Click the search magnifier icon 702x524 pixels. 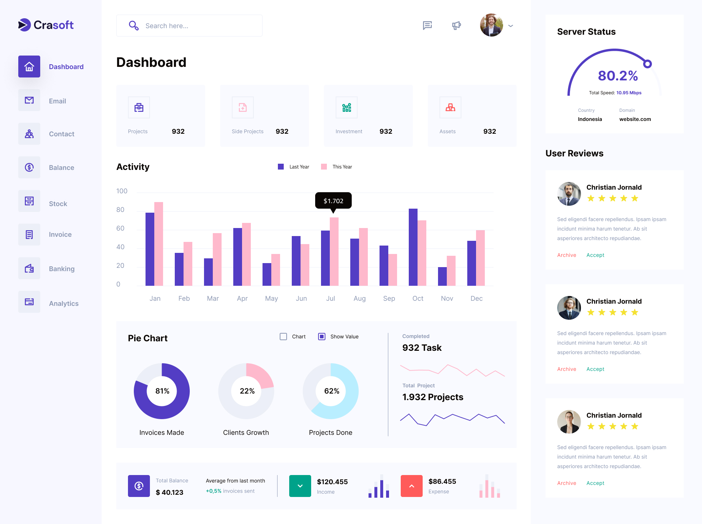[x=133, y=26]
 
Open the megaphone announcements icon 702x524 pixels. [x=456, y=26]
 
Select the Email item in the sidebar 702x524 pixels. [x=57, y=101]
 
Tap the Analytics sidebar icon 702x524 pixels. [x=29, y=302]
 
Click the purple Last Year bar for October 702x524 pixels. [x=413, y=247]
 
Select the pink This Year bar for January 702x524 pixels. [x=159, y=244]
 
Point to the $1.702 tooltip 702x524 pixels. [x=333, y=201]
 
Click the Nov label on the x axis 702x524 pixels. [x=447, y=299]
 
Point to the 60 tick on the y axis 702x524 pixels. [x=120, y=228]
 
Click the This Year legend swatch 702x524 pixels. [x=324, y=167]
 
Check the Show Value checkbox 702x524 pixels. [x=322, y=337]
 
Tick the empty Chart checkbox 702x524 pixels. [x=283, y=337]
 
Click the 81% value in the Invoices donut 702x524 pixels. [x=162, y=391]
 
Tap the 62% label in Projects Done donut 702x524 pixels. [x=332, y=391]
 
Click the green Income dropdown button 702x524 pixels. [x=300, y=486]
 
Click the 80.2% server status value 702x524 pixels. [x=618, y=76]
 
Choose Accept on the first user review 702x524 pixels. [x=595, y=255]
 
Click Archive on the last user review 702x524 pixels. [x=566, y=483]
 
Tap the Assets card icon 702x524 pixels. [x=450, y=107]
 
